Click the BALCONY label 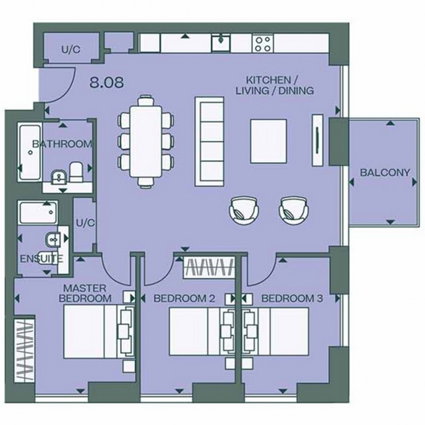[385, 173]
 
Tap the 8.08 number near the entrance [106, 82]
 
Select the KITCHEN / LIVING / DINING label [280, 85]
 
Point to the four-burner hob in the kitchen [263, 43]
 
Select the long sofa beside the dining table [209, 141]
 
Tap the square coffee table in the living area [268, 141]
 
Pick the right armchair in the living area [293, 209]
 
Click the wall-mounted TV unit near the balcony [317, 140]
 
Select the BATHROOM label [62, 144]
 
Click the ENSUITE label [42, 259]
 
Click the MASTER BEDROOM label [85, 293]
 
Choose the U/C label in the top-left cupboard [71, 50]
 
